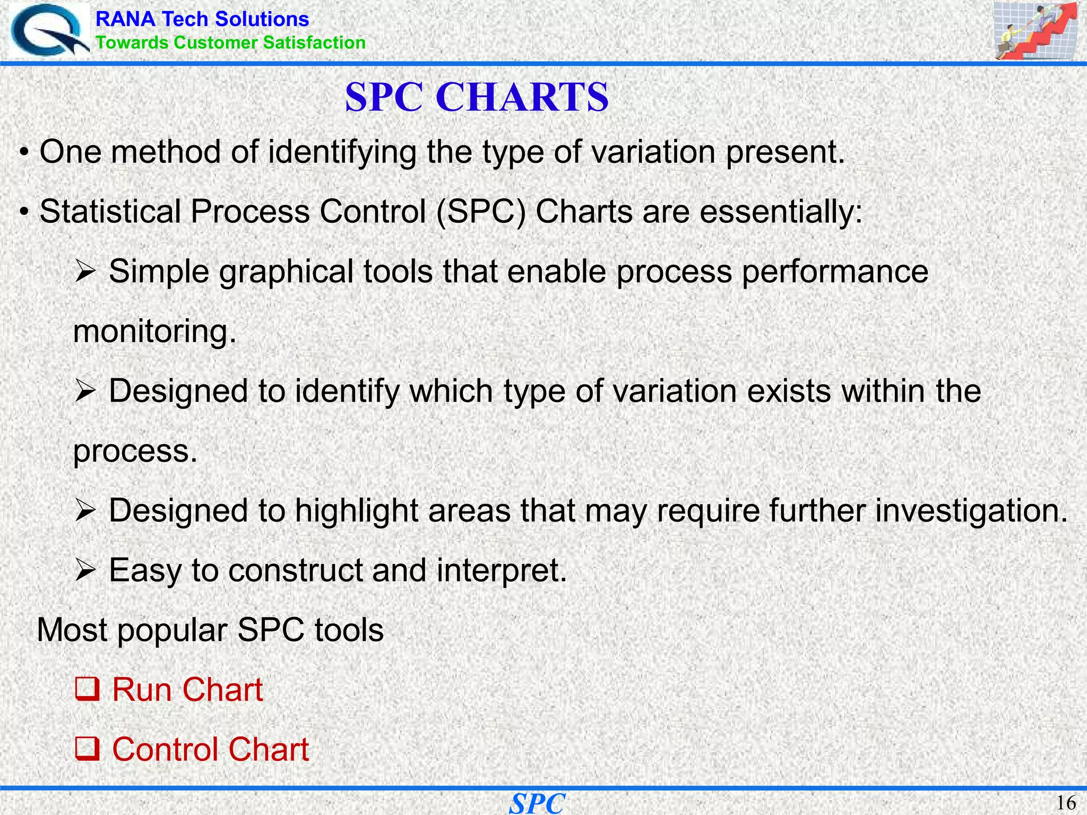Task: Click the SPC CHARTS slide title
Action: click(477, 97)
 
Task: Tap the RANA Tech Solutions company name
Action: click(202, 19)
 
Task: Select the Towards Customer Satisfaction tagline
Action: click(230, 42)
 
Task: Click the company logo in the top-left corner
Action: click(49, 31)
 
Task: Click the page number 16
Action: click(1066, 803)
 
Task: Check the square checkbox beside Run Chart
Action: click(87, 690)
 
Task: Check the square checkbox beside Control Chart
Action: click(87, 749)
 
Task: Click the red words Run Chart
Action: click(187, 690)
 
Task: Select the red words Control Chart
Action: click(210, 749)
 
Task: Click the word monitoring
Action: click(154, 332)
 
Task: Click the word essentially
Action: click(780, 212)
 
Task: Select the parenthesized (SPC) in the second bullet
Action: click(481, 212)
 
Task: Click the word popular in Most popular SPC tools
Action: click(172, 631)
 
